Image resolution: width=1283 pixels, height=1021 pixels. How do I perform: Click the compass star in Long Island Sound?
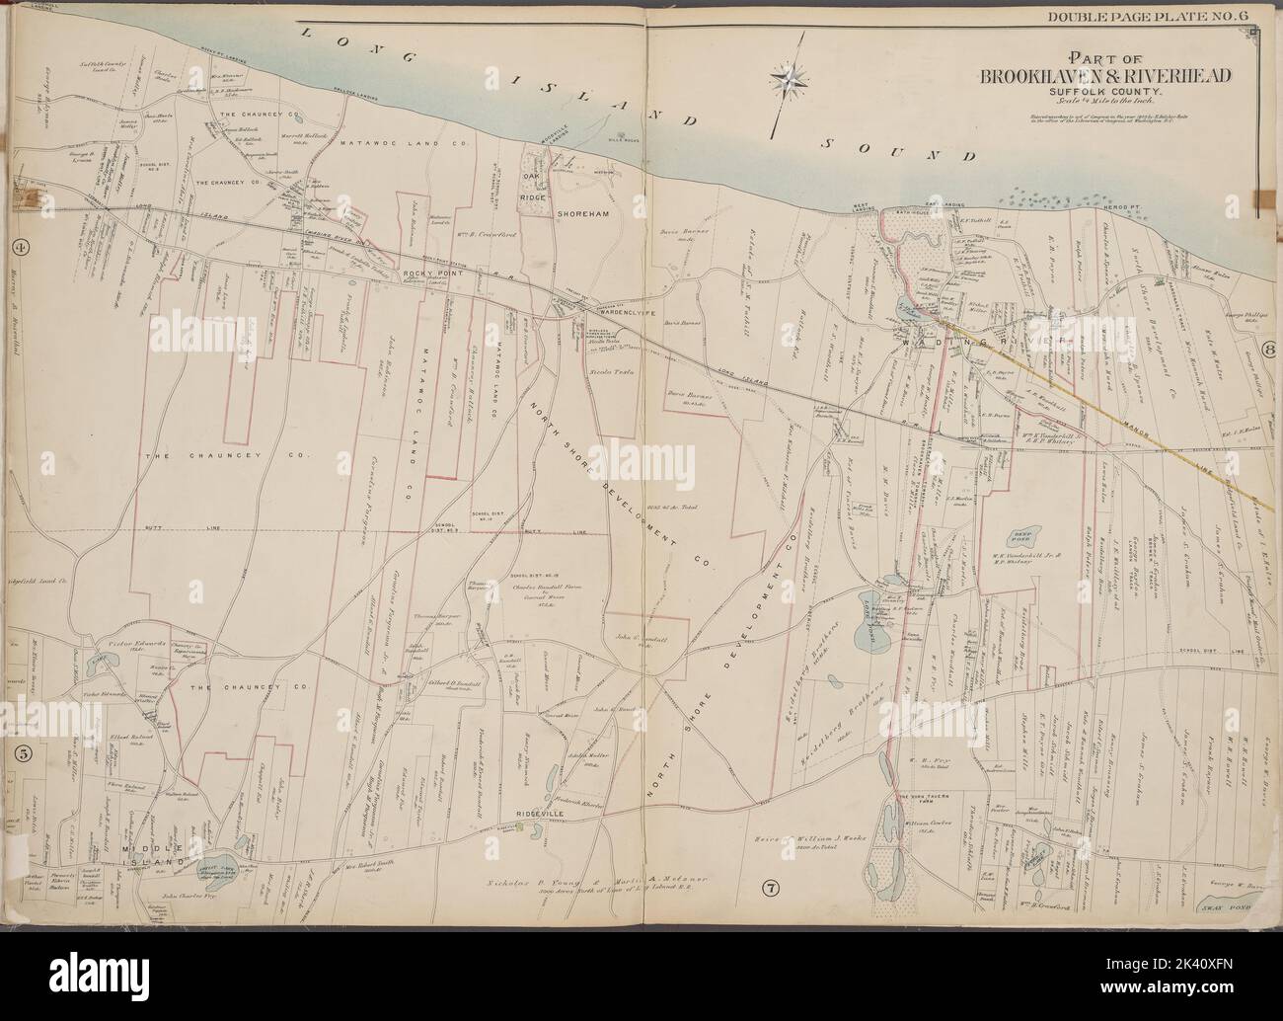[x=789, y=75]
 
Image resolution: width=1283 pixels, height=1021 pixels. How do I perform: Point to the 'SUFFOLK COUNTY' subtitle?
[x=1104, y=96]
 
